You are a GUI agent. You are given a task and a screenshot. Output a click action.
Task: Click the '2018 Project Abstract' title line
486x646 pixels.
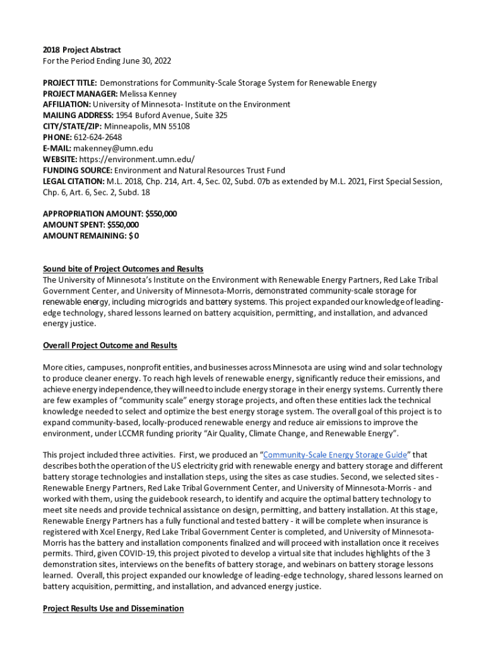coord(81,50)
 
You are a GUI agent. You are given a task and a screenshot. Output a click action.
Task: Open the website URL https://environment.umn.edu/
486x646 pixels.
coord(137,159)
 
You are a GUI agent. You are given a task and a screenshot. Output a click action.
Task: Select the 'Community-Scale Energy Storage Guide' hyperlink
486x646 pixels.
coord(335,454)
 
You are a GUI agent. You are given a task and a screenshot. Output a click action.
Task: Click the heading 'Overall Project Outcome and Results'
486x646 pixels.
coord(110,345)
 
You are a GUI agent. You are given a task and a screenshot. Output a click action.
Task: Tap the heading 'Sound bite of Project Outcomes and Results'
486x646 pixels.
coord(123,269)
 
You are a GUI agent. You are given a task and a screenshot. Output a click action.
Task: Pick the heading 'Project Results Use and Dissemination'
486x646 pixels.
coord(113,608)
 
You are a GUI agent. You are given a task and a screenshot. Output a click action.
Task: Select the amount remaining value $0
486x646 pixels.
coord(134,235)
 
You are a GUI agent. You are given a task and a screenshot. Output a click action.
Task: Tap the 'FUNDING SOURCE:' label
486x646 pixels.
coord(77,170)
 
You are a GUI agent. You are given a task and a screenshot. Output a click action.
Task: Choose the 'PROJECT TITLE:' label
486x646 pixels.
coord(69,83)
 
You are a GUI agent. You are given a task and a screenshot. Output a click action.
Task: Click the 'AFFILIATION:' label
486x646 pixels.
coord(67,104)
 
